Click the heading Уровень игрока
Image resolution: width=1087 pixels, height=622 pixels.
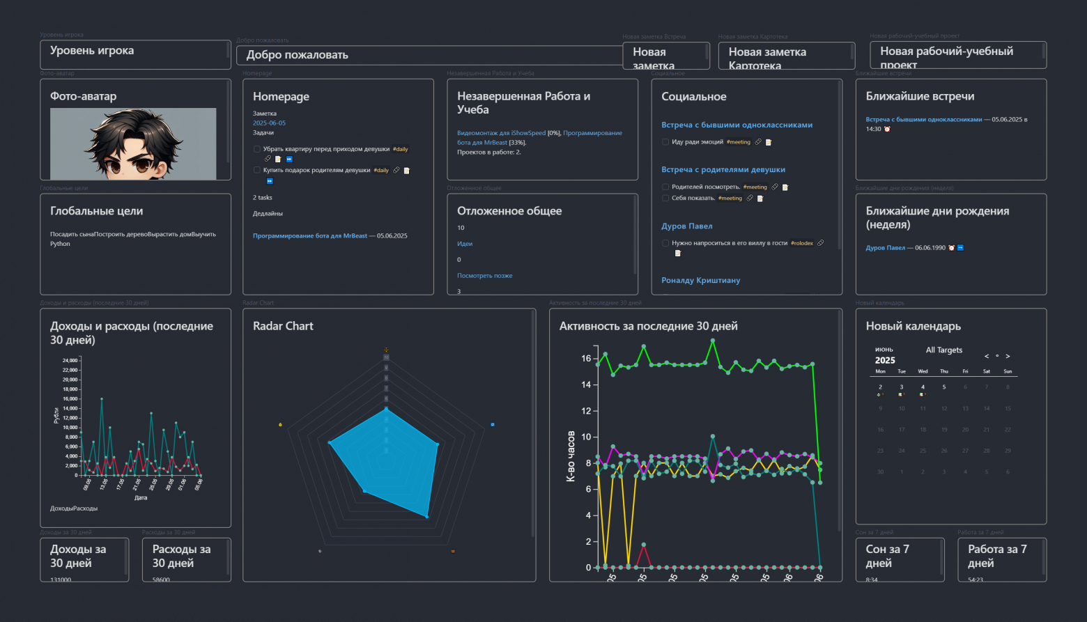pos(92,51)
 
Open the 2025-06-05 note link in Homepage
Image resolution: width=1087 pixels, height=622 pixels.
pos(269,123)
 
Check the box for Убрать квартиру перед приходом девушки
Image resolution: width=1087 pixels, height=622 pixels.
pos(257,149)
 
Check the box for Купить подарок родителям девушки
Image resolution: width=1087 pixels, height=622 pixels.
pos(257,170)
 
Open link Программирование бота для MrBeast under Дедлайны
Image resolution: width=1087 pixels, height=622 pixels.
pos(309,236)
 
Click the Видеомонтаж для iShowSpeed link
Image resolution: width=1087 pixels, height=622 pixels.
pos(501,133)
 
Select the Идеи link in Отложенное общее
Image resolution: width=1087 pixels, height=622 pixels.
pos(465,244)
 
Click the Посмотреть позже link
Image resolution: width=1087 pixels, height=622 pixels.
pos(484,276)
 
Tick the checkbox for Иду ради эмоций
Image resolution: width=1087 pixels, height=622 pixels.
pos(665,142)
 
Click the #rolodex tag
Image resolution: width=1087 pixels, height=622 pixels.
pos(802,243)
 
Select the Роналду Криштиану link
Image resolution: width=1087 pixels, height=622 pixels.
pos(700,281)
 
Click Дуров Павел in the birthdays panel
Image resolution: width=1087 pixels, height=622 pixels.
pos(885,248)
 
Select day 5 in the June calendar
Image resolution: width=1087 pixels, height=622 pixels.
pos(944,387)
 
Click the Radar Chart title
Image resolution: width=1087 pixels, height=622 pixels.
pos(283,326)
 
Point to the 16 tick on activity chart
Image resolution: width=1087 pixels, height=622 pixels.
pos(586,359)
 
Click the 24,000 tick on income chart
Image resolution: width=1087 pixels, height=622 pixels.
pos(70,361)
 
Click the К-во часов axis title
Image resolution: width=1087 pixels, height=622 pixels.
pos(571,456)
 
